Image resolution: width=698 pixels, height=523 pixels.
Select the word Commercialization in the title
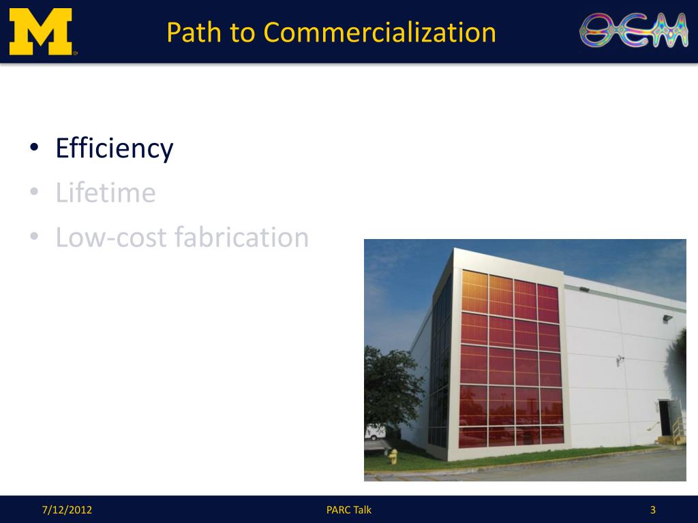pos(380,32)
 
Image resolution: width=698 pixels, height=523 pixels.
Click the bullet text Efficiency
pos(115,148)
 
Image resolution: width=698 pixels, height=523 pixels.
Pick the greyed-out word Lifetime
pos(106,193)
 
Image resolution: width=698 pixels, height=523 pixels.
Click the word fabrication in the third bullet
pos(242,237)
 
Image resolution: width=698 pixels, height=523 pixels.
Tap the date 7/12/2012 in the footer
pos(67,509)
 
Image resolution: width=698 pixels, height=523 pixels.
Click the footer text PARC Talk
pos(349,509)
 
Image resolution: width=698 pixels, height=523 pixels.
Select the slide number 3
pos(653,509)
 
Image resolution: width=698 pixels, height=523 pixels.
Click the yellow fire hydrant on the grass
pos(393,456)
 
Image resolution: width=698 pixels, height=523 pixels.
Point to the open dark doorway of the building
pos(664,417)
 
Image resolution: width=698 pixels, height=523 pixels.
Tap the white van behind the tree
pos(376,432)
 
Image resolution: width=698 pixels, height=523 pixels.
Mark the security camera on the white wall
pos(620,358)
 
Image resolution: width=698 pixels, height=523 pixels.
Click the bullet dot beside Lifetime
pos(34,194)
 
